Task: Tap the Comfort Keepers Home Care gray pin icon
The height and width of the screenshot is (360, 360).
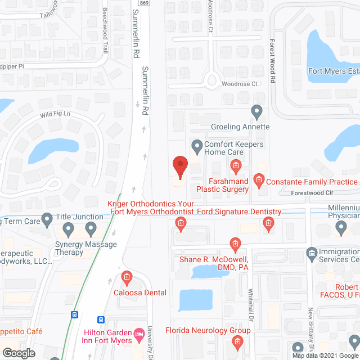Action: (197, 148)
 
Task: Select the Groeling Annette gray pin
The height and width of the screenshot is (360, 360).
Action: (257, 112)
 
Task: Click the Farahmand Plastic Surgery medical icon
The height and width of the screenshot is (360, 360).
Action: (236, 165)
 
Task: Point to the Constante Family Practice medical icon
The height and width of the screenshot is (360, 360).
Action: (259, 181)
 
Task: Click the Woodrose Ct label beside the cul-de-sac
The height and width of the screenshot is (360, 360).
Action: (239, 84)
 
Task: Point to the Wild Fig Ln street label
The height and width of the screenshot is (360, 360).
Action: (54, 115)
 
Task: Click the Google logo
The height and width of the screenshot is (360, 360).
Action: (18, 353)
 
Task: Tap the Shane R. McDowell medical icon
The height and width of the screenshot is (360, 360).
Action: (236, 244)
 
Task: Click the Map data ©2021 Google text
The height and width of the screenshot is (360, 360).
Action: (325, 355)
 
